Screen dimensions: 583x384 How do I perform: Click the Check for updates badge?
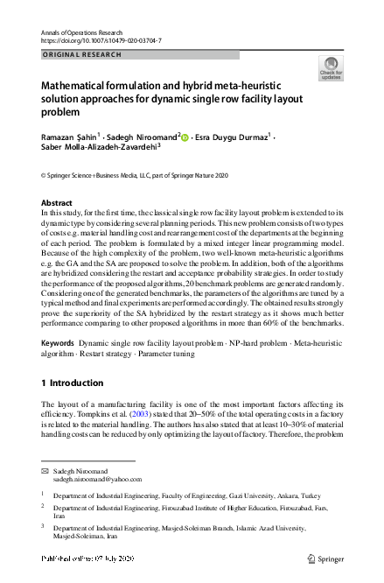point(332,67)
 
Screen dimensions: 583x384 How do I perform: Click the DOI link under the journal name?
point(101,40)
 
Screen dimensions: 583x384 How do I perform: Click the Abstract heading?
point(57,203)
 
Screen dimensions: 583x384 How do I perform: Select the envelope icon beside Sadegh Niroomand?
point(45,470)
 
